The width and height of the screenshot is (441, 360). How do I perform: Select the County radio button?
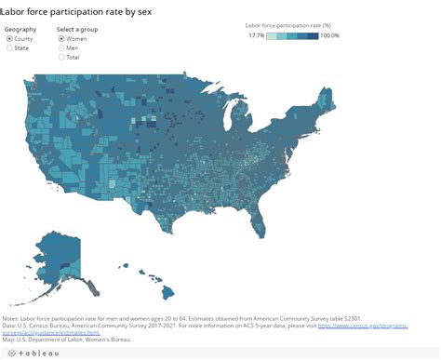click(10, 39)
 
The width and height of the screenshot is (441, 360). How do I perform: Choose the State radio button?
click(10, 48)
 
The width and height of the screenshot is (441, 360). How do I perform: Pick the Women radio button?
click(61, 39)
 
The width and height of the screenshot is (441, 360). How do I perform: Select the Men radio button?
click(61, 48)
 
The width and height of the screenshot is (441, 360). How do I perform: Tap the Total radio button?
click(61, 58)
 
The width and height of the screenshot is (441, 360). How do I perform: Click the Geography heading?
click(21, 29)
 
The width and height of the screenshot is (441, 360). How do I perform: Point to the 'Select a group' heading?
click(79, 29)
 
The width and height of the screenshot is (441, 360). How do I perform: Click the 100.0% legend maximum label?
click(330, 35)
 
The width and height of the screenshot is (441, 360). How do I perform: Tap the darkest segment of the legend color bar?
click(314, 35)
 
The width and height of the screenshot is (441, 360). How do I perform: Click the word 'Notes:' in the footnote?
click(14, 318)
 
